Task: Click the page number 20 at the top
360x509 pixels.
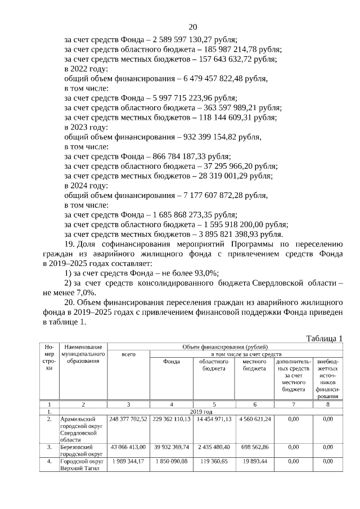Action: tap(193, 26)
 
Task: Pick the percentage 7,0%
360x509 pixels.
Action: tap(85, 292)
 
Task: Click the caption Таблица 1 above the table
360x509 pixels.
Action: tap(324, 338)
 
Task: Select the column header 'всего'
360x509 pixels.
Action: tap(128, 354)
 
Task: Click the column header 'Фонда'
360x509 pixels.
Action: tap(171, 362)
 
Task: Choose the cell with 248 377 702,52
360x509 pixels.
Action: tap(128, 419)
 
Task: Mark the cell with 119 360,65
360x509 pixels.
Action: tap(214, 461)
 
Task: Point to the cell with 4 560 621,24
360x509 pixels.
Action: tap(254, 419)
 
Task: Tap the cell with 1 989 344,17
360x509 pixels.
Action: tap(128, 461)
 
